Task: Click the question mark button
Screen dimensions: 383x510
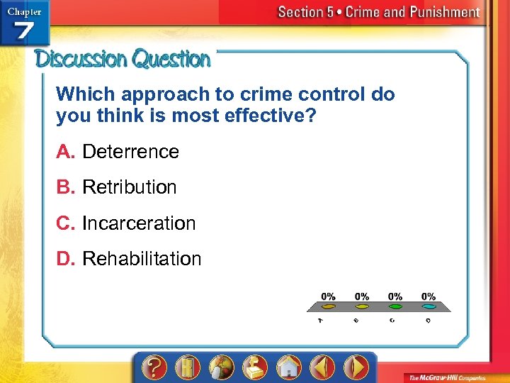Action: (154, 367)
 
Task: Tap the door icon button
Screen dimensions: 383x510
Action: (188, 367)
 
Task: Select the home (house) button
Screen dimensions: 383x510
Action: (288, 367)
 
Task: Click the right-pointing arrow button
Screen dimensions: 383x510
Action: (356, 367)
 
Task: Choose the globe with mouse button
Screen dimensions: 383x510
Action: (221, 367)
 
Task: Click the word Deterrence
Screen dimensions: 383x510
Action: (130, 151)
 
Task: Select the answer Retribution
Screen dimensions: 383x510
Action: (129, 187)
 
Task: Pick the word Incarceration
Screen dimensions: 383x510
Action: (139, 223)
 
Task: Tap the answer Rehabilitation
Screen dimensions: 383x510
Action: (142, 259)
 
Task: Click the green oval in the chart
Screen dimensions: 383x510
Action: (395, 306)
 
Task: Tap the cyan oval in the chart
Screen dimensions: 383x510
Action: (429, 306)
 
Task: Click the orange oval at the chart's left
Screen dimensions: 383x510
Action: (329, 306)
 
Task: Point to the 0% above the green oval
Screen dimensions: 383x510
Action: (395, 296)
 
